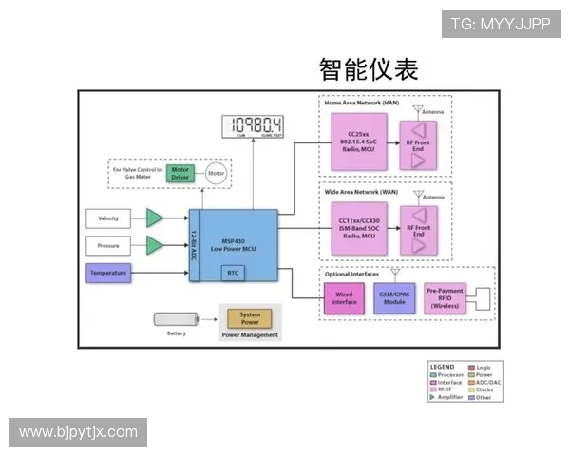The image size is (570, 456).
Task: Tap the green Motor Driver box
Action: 180,174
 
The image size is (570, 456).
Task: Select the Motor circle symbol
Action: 216,174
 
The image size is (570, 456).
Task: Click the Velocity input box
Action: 108,218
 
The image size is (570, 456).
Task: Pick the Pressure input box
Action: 108,246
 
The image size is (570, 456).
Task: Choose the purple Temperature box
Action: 108,274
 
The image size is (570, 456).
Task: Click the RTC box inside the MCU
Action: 234,274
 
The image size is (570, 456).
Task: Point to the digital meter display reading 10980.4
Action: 253,125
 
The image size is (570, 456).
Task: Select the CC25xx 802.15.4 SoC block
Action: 359,142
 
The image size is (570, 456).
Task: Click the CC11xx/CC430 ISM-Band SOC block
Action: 359,228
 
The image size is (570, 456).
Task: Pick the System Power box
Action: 250,318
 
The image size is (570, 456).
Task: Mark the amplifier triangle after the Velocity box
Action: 154,218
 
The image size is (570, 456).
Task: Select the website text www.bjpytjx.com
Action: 79,432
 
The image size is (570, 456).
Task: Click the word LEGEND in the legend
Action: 443,367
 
